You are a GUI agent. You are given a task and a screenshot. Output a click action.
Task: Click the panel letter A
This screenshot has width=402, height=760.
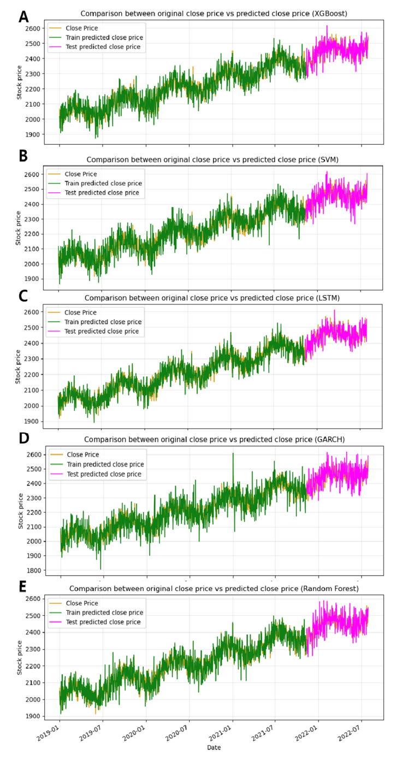(x=23, y=16)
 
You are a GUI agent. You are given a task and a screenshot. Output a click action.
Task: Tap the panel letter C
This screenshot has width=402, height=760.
(x=23, y=296)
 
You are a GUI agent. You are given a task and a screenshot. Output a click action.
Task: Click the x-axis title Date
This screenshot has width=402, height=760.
(x=213, y=747)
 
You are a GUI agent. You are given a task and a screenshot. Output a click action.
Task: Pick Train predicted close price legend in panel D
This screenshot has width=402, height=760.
(x=105, y=464)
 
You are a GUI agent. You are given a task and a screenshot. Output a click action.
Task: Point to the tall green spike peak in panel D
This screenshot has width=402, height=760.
(x=233, y=453)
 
